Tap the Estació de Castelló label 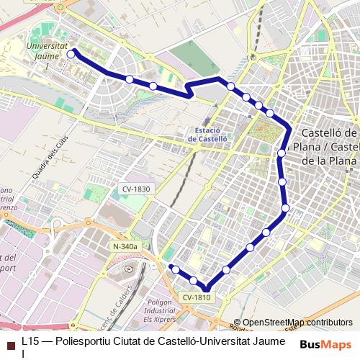[x=207, y=133]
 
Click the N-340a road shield [x=125, y=246]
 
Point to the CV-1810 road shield [x=196, y=297]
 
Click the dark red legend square [x=10, y=345]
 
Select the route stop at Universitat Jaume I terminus [x=71, y=53]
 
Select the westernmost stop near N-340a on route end [x=174, y=269]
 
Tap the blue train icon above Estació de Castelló [x=207, y=122]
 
